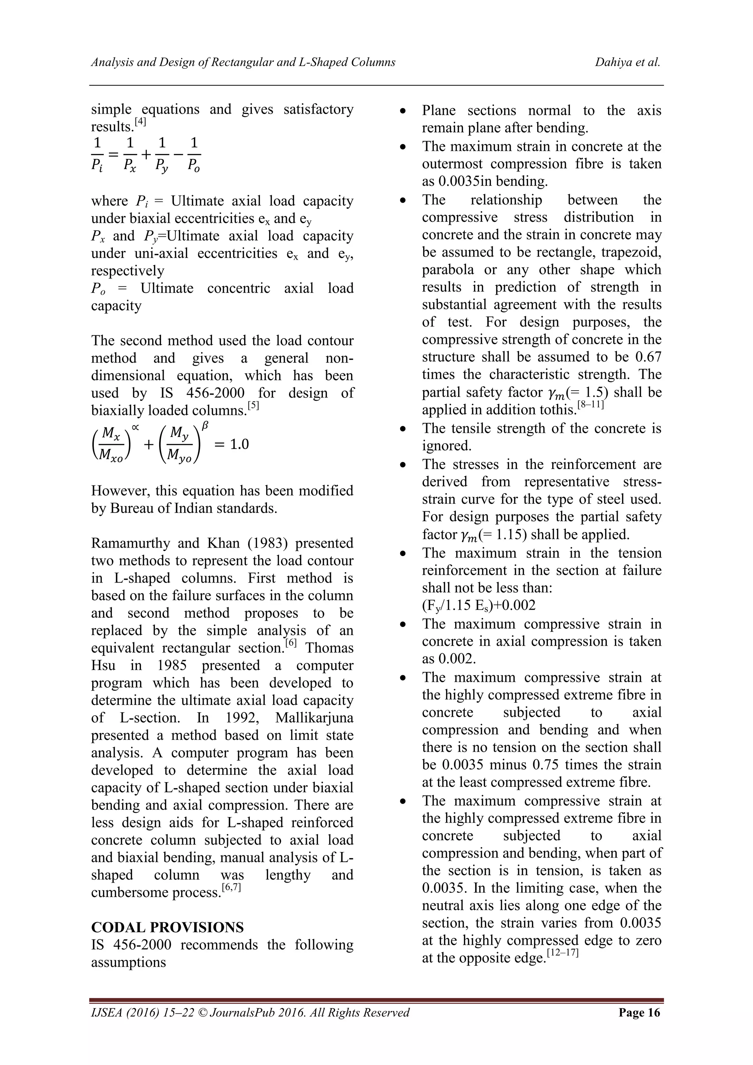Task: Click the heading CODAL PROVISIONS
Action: pos(167,927)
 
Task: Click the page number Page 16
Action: pos(639,1025)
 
